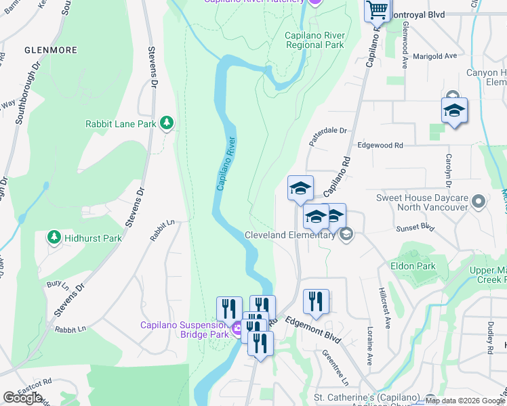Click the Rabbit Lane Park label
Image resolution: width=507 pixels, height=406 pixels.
click(121, 124)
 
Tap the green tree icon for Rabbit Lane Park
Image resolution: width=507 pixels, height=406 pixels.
click(167, 123)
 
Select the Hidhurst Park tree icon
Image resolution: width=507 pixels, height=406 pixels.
click(54, 238)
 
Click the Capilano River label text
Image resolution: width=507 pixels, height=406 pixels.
click(226, 164)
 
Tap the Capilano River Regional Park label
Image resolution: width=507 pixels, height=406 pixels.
click(315, 41)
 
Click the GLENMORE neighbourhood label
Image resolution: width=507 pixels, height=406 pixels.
click(50, 50)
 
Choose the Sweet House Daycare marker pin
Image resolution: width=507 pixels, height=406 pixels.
click(479, 202)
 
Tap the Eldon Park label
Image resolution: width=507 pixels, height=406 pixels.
click(413, 266)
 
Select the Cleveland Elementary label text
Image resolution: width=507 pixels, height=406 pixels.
click(289, 235)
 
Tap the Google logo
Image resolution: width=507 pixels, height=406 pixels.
click(22, 398)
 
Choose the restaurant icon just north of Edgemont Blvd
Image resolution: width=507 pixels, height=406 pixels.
click(315, 302)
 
